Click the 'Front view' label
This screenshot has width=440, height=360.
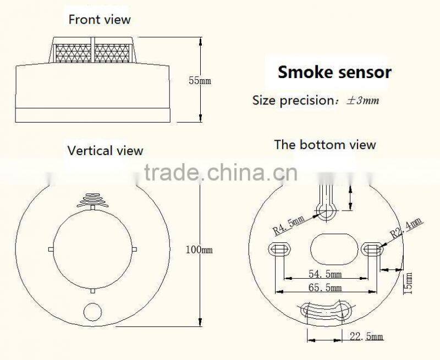tap(100, 20)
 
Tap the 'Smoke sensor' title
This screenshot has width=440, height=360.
tap(334, 72)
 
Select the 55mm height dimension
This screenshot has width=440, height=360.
tap(200, 81)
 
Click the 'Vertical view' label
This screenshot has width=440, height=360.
tap(105, 151)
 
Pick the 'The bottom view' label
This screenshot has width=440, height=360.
tap(325, 145)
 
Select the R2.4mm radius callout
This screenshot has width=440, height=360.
tap(406, 228)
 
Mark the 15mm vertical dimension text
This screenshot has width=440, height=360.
tap(408, 283)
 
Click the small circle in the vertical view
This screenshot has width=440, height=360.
tap(92, 312)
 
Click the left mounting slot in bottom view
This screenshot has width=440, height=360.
tap(277, 249)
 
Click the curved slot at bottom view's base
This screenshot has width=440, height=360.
tap(326, 312)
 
